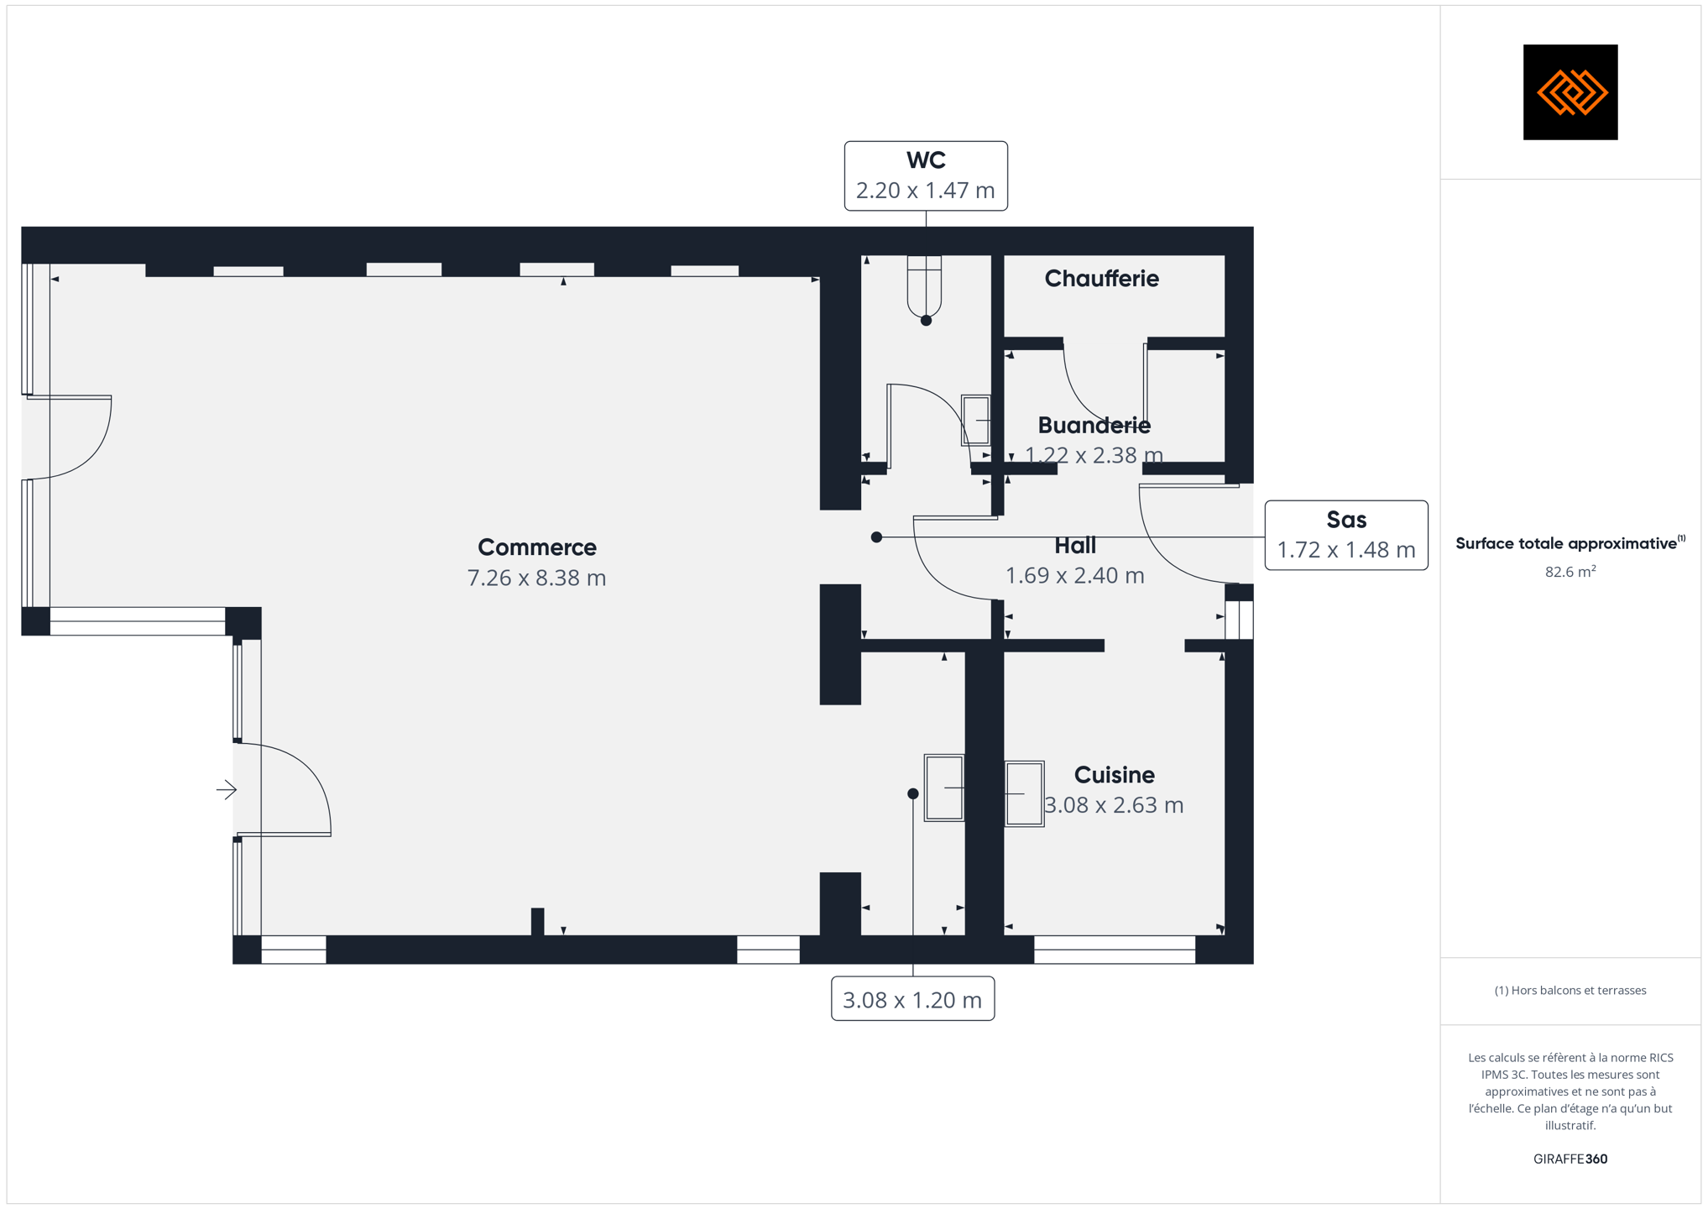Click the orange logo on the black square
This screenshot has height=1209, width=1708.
(x=1571, y=92)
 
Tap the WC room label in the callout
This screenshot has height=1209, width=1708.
(x=926, y=160)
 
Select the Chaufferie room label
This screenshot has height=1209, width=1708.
(x=1101, y=279)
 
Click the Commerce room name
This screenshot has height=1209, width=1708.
(x=537, y=547)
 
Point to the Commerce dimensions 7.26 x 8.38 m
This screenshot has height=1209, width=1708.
(x=537, y=578)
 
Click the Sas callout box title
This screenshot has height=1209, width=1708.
(x=1346, y=520)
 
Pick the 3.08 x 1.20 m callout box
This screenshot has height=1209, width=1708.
(x=912, y=999)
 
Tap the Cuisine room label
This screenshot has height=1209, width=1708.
(x=1115, y=774)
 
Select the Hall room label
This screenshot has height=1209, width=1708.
(x=1075, y=546)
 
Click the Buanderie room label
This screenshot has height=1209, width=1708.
(x=1094, y=425)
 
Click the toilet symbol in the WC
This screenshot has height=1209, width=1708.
(x=924, y=287)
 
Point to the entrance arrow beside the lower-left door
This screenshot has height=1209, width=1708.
(x=227, y=789)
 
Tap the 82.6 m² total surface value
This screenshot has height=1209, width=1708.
(x=1570, y=572)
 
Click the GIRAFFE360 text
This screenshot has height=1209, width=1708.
(x=1570, y=1159)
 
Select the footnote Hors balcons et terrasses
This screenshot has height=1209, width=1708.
(x=1570, y=991)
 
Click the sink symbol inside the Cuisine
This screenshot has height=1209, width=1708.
(x=1024, y=793)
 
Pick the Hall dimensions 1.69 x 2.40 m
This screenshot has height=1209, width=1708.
(x=1075, y=576)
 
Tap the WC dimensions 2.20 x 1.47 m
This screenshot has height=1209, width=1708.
(x=926, y=191)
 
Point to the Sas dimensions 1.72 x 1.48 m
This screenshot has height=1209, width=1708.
(x=1346, y=550)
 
